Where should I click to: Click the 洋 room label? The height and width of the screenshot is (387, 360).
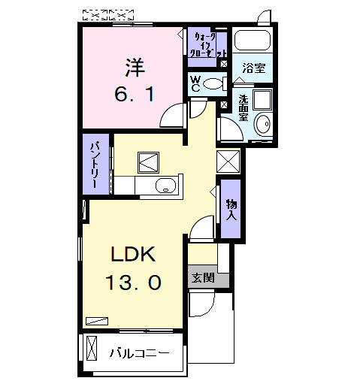[135, 68]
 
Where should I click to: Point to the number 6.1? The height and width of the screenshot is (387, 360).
[135, 95]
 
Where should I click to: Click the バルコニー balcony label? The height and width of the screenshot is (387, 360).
[138, 352]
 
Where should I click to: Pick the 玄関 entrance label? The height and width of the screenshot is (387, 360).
[202, 277]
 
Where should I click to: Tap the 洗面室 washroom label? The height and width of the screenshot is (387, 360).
[244, 107]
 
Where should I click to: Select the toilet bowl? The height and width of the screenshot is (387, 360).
[214, 83]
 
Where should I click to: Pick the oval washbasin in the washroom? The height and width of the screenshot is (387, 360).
[262, 125]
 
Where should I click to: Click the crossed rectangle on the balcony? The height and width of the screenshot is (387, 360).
[92, 349]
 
